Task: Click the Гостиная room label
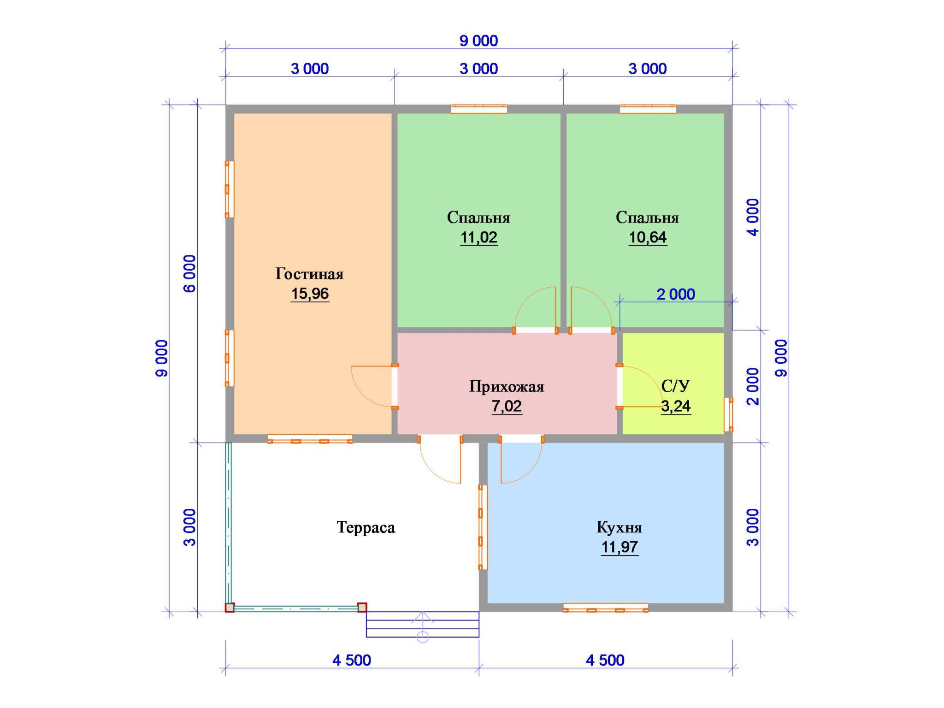[x=309, y=274]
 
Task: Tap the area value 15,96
[x=310, y=294]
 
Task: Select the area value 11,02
[x=479, y=237]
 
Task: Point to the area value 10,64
[x=648, y=237]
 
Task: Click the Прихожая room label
[x=507, y=386]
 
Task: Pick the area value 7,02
[x=507, y=406]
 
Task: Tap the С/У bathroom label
[x=675, y=386]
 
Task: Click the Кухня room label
[x=619, y=527]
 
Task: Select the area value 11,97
[x=619, y=547]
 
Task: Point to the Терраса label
[x=366, y=527]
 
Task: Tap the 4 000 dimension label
[x=753, y=217]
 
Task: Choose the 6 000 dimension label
[x=190, y=274]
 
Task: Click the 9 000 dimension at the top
[x=479, y=41]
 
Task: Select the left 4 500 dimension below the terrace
[x=352, y=660]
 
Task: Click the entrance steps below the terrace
[x=423, y=624]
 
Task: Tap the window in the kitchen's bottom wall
[x=606, y=608]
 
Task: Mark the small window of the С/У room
[x=728, y=414]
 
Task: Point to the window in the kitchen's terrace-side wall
[x=483, y=527]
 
